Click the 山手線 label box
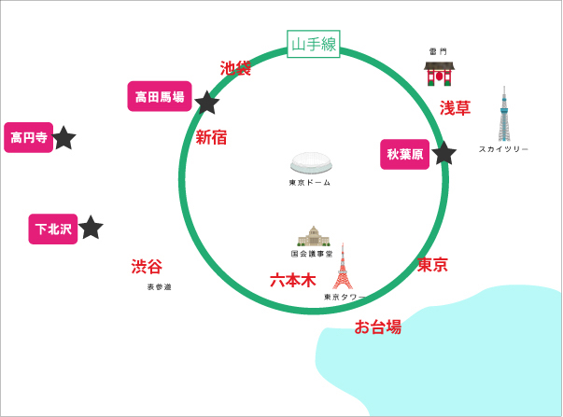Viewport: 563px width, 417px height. (314, 44)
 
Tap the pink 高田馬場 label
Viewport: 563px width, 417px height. (160, 96)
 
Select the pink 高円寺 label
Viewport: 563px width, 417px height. (29, 137)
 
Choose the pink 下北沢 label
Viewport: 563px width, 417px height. (53, 229)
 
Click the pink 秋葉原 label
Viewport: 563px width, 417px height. (404, 154)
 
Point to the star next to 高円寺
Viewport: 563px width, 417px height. (63, 138)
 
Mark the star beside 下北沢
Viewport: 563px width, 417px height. (91, 228)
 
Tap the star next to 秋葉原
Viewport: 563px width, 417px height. (443, 154)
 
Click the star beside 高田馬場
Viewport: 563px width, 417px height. (207, 103)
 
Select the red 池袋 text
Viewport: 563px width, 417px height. (235, 68)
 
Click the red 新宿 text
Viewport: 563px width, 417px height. (211, 137)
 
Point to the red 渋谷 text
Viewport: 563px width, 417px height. (147, 267)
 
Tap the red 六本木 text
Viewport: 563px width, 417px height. (293, 280)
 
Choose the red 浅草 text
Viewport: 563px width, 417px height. (456, 108)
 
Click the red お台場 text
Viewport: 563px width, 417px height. (378, 327)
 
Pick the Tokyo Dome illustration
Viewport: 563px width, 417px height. (311, 163)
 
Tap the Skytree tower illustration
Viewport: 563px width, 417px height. (504, 114)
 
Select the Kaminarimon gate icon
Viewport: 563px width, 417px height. (439, 74)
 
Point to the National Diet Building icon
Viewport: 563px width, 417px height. (314, 237)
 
